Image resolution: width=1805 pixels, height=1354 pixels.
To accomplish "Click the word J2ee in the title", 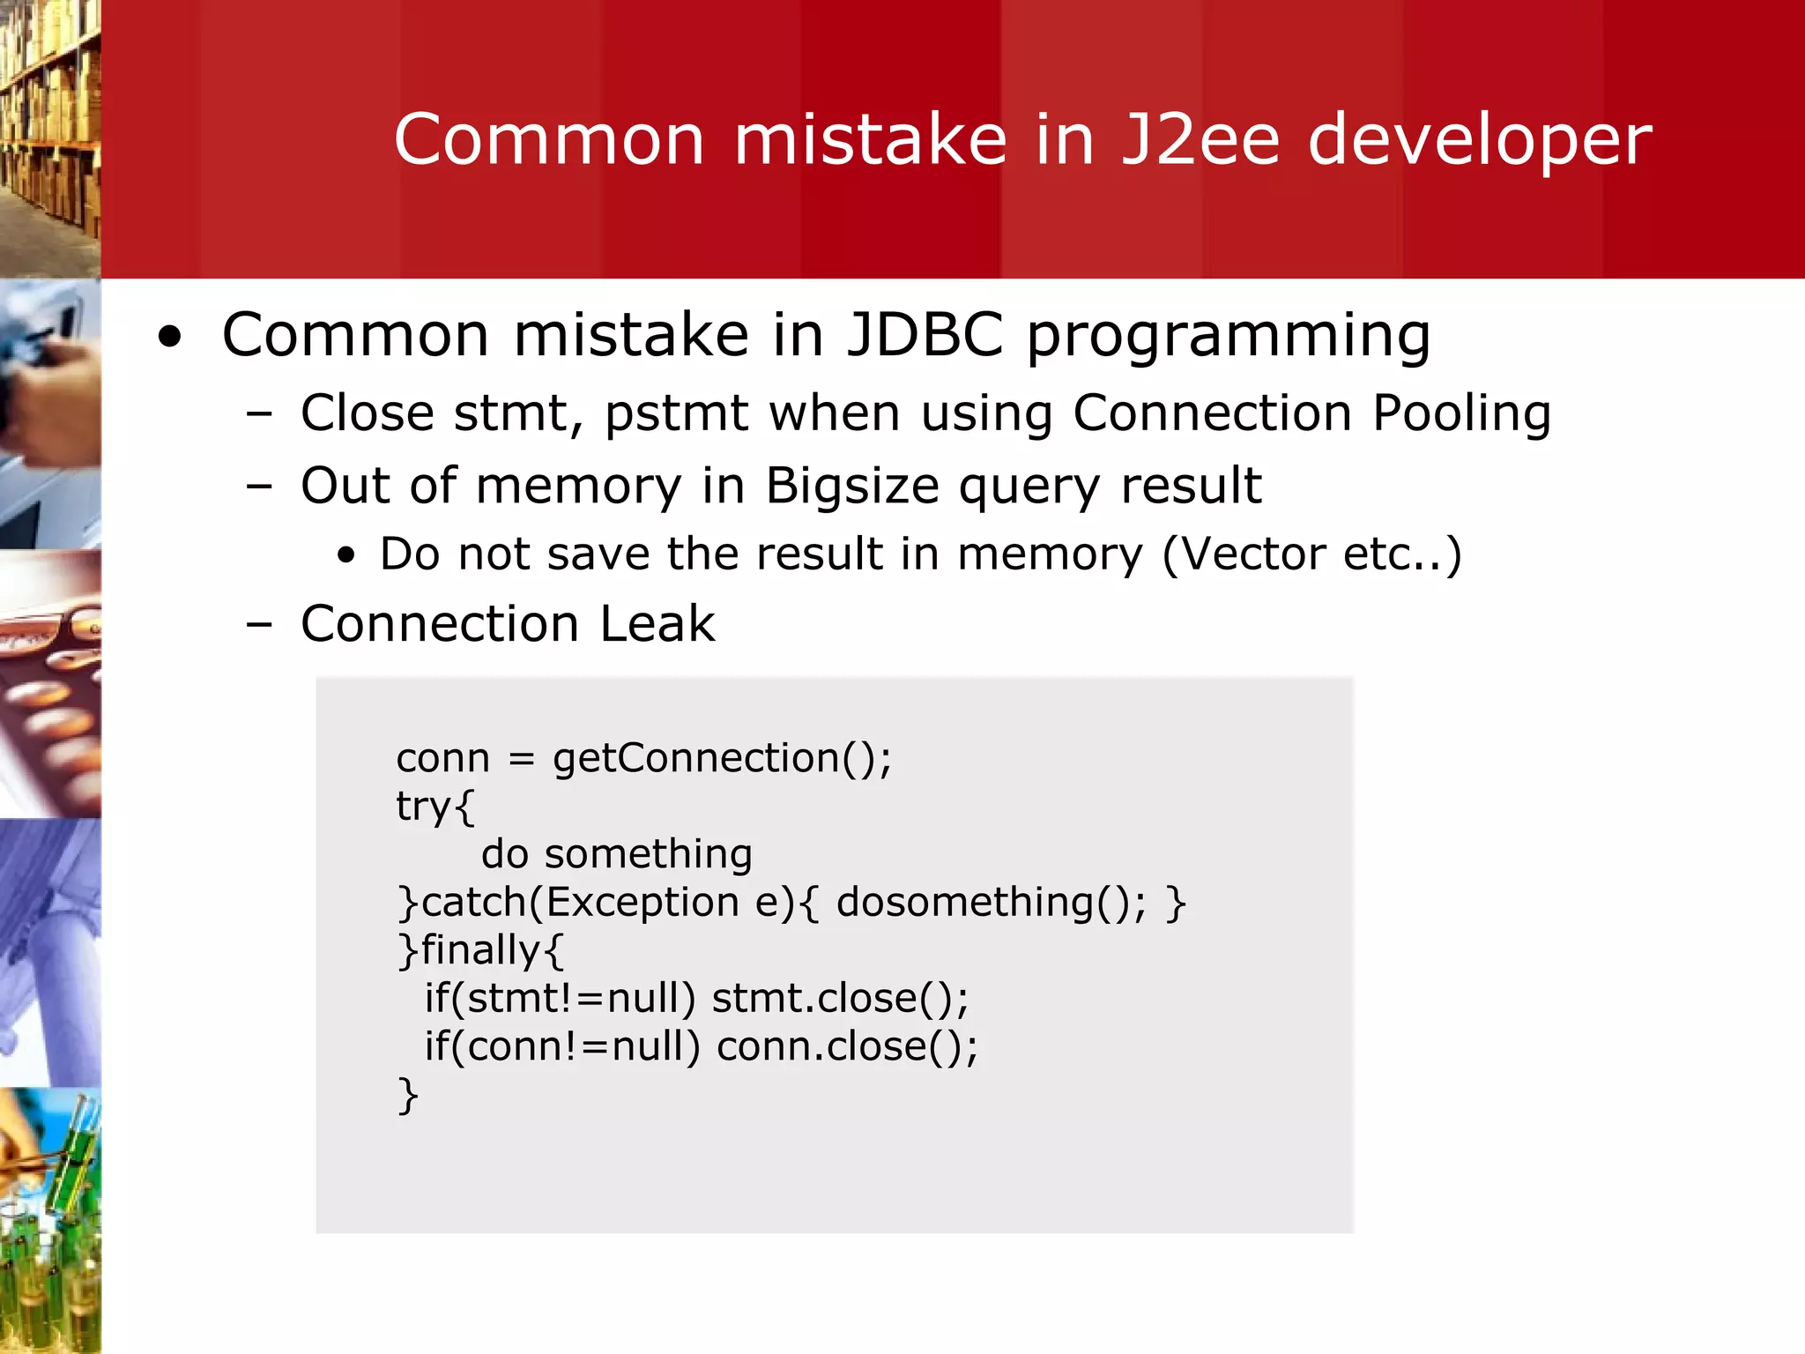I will click(1200, 139).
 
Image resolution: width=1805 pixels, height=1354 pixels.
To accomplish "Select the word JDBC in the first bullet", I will click(925, 335).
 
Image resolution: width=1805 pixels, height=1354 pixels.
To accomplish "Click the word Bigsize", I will click(851, 487).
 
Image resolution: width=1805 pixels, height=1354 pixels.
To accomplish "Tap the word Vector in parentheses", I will click(1252, 554).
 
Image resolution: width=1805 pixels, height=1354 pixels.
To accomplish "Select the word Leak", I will click(657, 624).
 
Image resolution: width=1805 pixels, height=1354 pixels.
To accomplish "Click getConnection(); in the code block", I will click(722, 759).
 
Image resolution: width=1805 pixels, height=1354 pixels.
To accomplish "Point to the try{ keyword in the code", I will click(435, 807).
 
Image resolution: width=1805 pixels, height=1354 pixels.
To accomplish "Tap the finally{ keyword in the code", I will click(490, 950).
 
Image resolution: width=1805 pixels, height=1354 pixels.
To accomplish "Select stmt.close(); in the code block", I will click(839, 999).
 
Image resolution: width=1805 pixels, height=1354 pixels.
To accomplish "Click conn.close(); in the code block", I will click(846, 1047).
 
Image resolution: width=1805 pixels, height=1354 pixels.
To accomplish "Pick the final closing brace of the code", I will click(407, 1096).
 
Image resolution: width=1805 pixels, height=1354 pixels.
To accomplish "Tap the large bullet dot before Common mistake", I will click(170, 338).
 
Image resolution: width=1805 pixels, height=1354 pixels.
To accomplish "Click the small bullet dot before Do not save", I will click(346, 555).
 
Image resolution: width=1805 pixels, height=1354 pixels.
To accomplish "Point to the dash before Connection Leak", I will click(259, 625).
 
